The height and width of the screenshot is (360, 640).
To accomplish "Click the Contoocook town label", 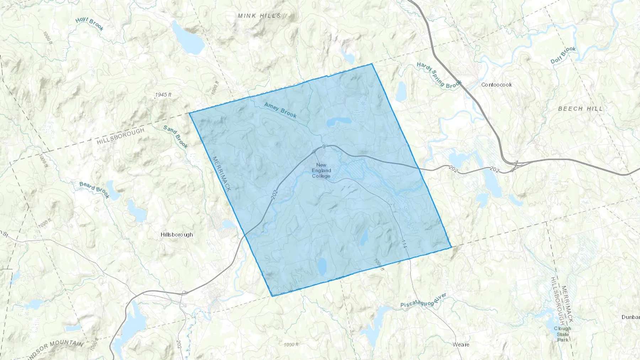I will [x=496, y=85].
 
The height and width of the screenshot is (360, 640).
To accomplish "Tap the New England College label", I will [x=321, y=171].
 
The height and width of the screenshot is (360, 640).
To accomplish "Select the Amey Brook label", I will [x=280, y=110].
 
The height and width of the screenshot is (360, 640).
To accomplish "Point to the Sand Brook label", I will [x=176, y=136].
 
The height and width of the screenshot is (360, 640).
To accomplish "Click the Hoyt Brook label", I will [x=90, y=24].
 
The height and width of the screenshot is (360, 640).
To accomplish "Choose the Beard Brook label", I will [x=94, y=190].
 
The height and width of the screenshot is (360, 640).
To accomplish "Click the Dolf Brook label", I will [x=563, y=55].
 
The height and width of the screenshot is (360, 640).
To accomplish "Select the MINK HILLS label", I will [x=260, y=16].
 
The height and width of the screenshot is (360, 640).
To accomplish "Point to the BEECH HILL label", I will [x=581, y=109].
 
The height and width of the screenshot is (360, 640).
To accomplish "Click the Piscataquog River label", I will [x=423, y=301].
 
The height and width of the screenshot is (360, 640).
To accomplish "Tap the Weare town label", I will [x=461, y=344].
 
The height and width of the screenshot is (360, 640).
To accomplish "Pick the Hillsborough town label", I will [x=177, y=235].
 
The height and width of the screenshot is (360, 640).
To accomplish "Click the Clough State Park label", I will [x=562, y=334].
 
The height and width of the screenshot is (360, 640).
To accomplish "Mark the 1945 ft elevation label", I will [x=163, y=95].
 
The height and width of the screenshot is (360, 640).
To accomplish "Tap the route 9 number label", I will [x=324, y=146].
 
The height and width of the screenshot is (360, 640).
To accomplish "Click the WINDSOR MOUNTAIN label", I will [x=57, y=346].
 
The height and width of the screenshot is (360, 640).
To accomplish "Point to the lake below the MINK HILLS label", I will [x=187, y=37].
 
